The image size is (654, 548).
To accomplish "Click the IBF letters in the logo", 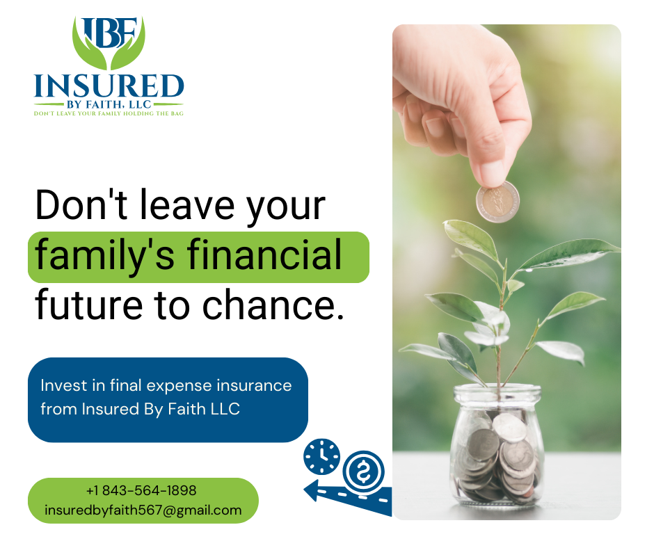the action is (x=109, y=33).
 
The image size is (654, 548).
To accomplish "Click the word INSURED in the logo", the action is (x=109, y=86).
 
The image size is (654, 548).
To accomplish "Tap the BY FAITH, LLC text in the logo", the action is (x=109, y=104).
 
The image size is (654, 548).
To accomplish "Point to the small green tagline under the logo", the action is (x=109, y=113).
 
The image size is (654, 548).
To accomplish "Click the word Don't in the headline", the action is (x=81, y=204).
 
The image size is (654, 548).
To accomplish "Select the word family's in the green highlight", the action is (x=104, y=255).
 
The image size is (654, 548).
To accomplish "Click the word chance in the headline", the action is (x=269, y=305).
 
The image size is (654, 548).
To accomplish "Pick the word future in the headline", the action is (x=89, y=305).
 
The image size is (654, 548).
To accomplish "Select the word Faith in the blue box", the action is (x=187, y=409).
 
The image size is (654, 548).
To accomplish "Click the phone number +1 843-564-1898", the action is (x=141, y=490).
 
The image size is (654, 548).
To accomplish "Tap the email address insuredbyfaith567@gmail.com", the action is (x=143, y=510).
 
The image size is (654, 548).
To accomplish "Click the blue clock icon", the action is (x=321, y=456).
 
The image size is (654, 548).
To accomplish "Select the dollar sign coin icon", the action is (x=363, y=472).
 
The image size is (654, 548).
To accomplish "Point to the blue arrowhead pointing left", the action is (x=313, y=490).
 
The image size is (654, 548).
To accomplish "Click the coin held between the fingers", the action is (x=497, y=202).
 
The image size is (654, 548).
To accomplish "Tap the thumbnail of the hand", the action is (x=492, y=172).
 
